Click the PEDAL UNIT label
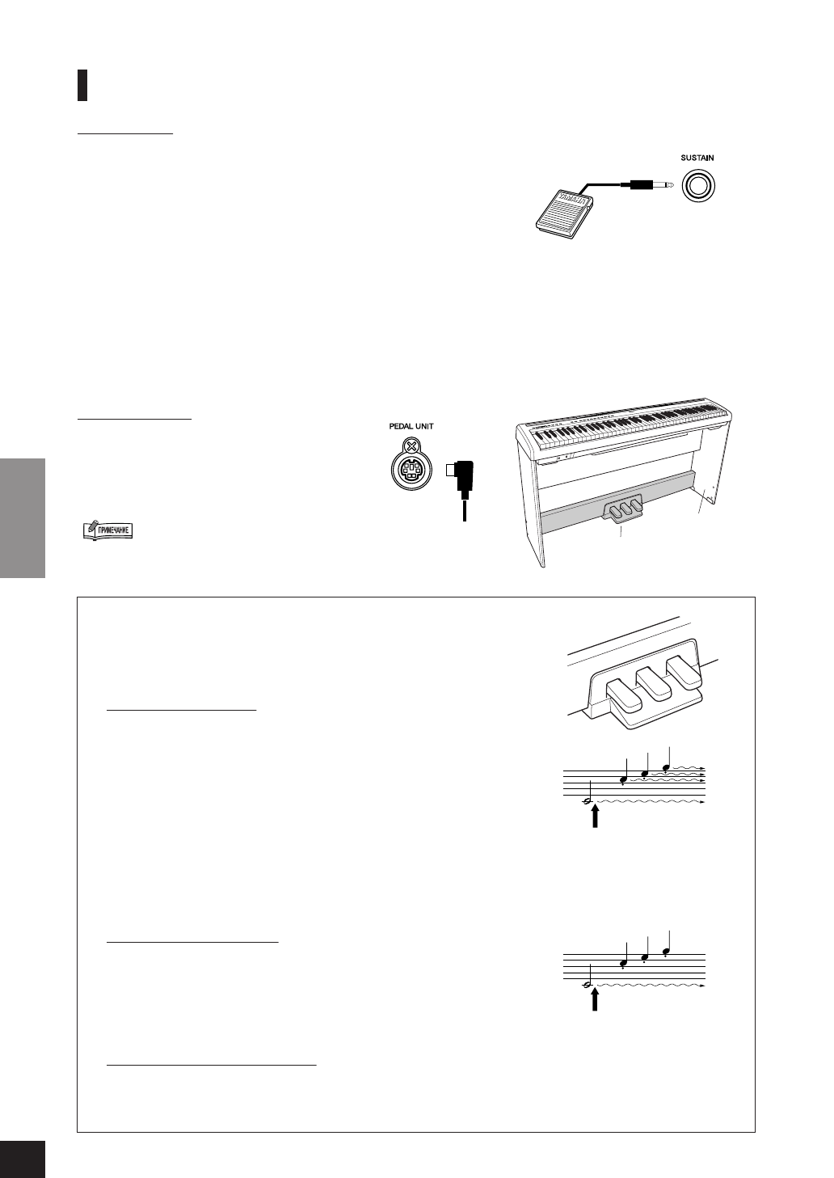click(412, 426)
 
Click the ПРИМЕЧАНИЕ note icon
click(107, 530)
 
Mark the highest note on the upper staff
click(666, 766)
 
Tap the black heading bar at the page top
click(82, 85)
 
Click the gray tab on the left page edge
click(22, 517)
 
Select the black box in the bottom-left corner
click(22, 1159)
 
